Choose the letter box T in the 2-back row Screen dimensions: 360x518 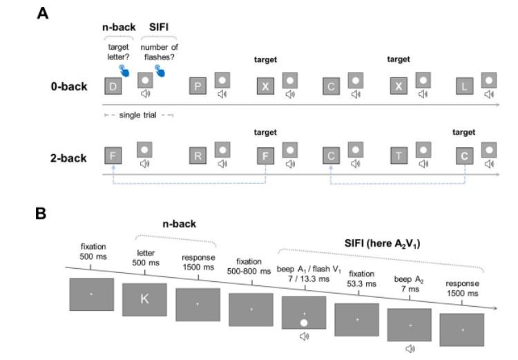399,156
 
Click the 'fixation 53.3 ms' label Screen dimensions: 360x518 363,278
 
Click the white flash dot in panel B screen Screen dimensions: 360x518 303,323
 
